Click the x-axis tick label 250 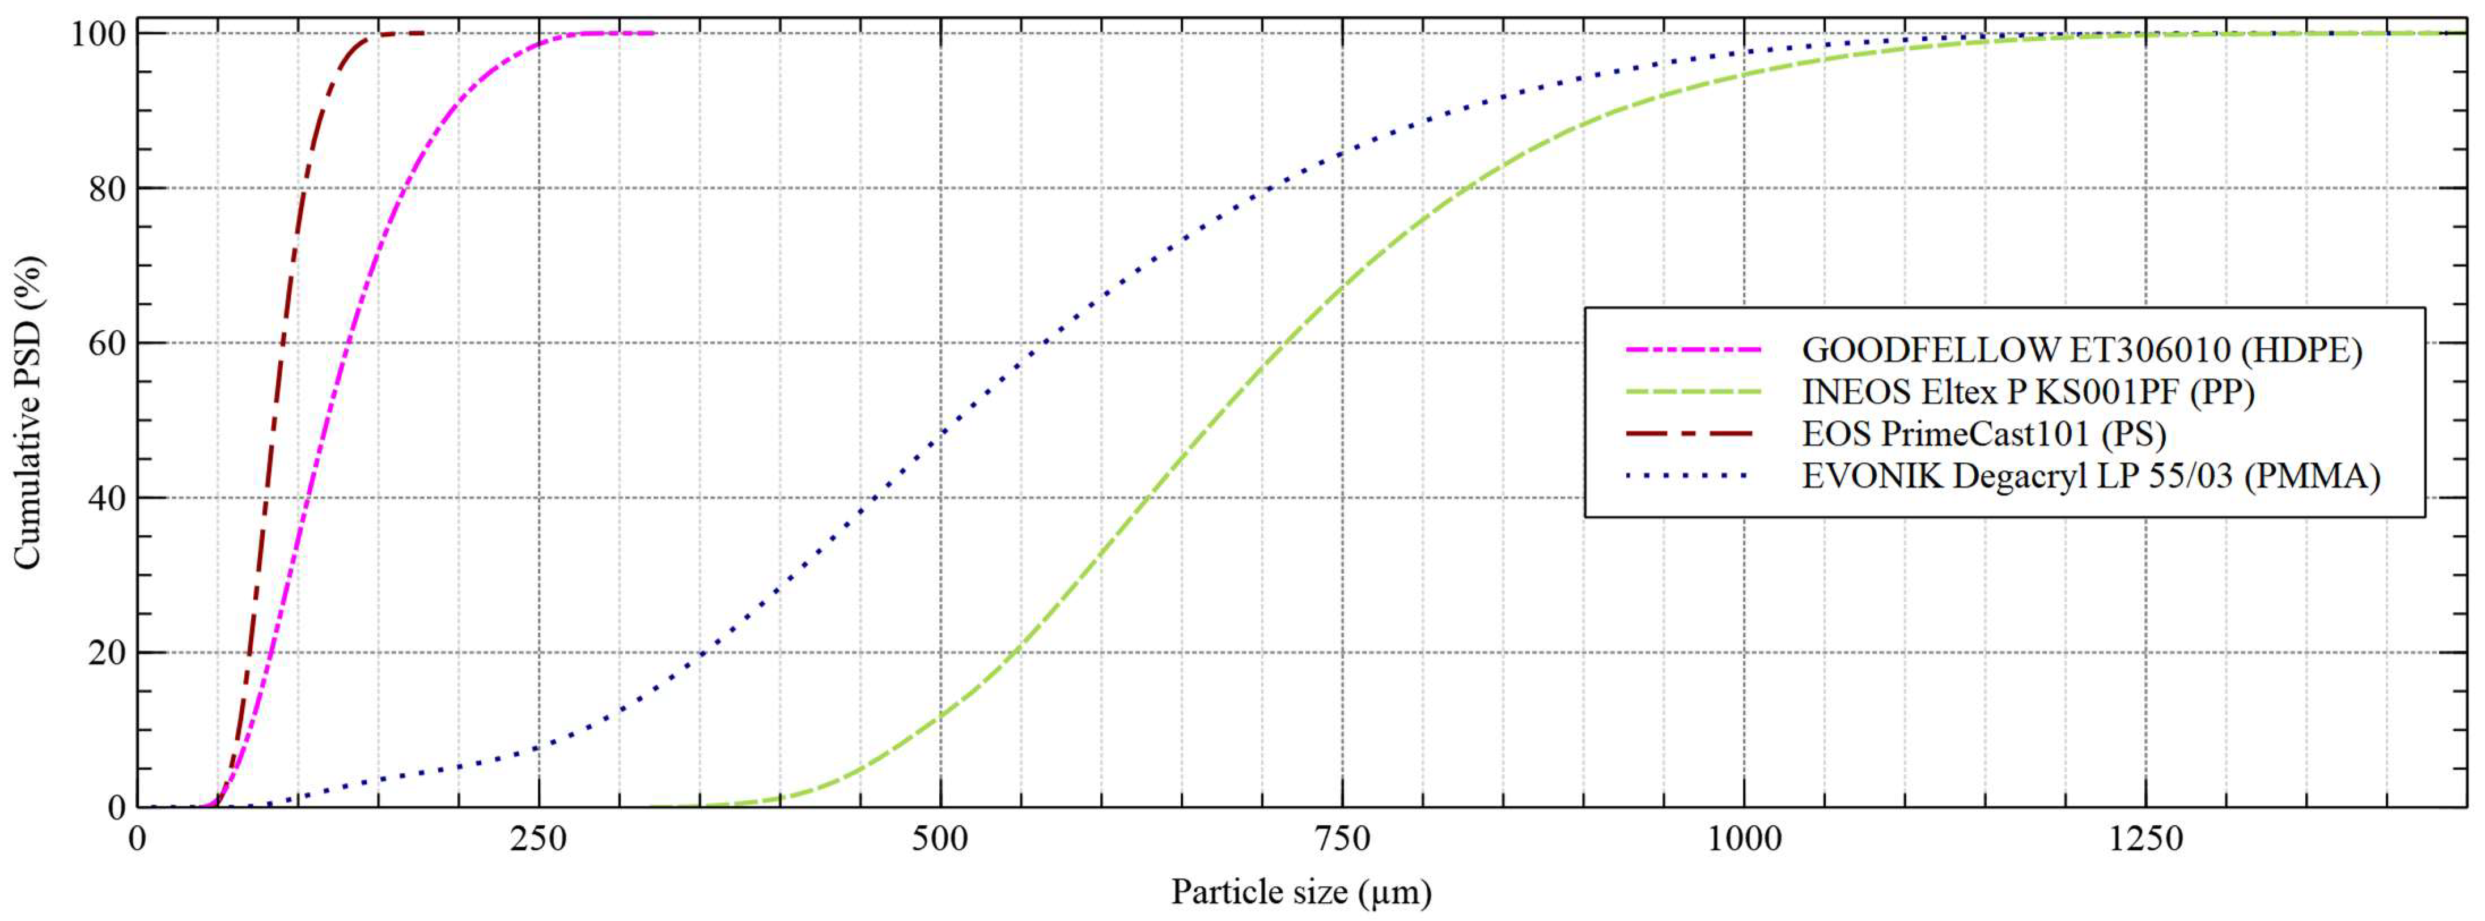538,840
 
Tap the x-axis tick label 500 940,840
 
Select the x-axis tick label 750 1342,840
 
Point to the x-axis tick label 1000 1744,840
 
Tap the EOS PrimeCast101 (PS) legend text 1984,434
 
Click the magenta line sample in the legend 1693,349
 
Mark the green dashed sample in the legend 1693,391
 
